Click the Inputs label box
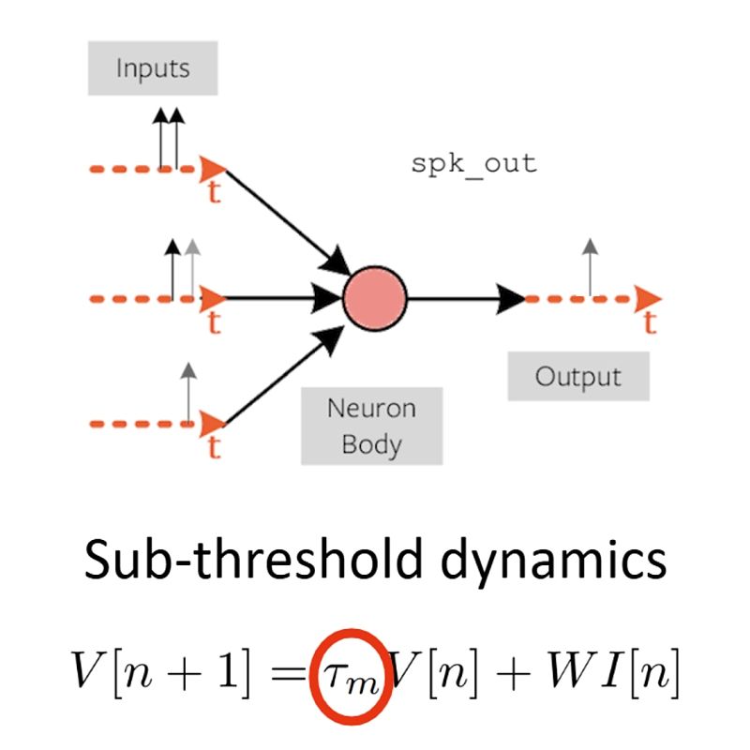pyautogui.click(x=153, y=67)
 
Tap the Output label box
pyautogui.click(x=578, y=376)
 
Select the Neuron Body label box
pyautogui.click(x=371, y=426)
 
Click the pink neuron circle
pyautogui.click(x=375, y=298)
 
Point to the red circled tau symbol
pyautogui.click(x=351, y=675)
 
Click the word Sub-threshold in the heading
pyautogui.click(x=253, y=560)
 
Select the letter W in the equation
pyautogui.click(x=571, y=668)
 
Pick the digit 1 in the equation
pyautogui.click(x=228, y=668)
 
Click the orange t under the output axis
pyautogui.click(x=650, y=322)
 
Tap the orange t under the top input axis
pyautogui.click(x=214, y=192)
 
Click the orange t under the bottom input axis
pyautogui.click(x=214, y=447)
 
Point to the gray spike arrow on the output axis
pyautogui.click(x=591, y=268)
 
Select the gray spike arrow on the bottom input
pyautogui.click(x=188, y=393)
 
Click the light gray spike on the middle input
pyautogui.click(x=192, y=269)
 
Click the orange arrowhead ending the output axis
pyautogui.click(x=648, y=299)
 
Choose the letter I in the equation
pyautogui.click(x=612, y=668)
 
